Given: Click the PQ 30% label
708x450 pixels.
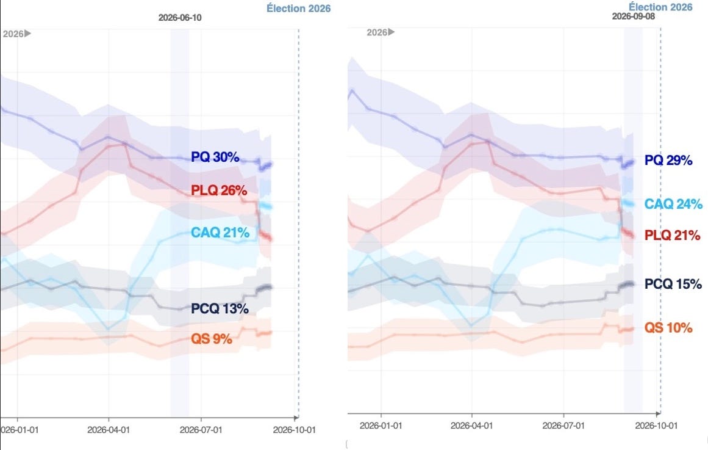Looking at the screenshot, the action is tap(215, 157).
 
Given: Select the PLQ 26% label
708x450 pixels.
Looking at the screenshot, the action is tap(219, 191).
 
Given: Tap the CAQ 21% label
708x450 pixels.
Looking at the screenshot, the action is tap(220, 233).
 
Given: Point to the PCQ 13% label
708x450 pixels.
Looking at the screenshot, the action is tap(220, 308).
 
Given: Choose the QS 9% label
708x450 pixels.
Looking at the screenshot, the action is tap(212, 338).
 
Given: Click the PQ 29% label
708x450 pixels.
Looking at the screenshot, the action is tap(668, 160).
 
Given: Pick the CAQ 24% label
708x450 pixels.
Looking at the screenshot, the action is tap(673, 204).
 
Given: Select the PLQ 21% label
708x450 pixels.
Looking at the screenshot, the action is tap(673, 235).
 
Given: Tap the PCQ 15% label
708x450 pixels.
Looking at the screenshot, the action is tap(673, 284).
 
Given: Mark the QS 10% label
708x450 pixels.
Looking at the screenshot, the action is tap(668, 327).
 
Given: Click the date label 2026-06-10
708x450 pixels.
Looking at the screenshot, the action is tap(180, 18).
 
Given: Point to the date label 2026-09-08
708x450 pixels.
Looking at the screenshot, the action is tap(634, 16).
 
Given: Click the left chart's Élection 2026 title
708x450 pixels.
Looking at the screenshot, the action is tap(298, 8).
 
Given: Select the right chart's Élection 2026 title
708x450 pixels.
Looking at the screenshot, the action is tap(660, 7).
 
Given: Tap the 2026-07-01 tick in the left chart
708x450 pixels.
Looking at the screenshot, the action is tap(201, 430).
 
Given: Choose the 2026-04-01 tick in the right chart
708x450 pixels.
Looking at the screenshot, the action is tap(472, 426).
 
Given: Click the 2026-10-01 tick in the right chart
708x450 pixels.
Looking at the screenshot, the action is tap(657, 426).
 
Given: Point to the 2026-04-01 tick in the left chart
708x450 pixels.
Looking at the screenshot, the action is tap(109, 430).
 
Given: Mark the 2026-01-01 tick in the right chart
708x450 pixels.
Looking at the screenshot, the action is tap(381, 426).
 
